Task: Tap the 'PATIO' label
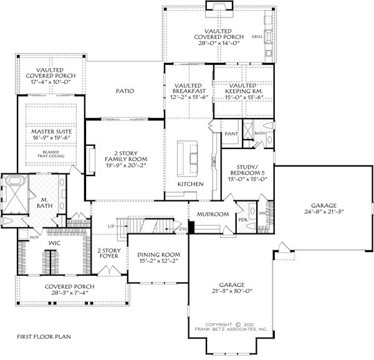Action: (125, 91)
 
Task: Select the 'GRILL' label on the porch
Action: (257, 37)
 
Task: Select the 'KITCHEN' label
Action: (190, 185)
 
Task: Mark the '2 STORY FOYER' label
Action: (108, 253)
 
